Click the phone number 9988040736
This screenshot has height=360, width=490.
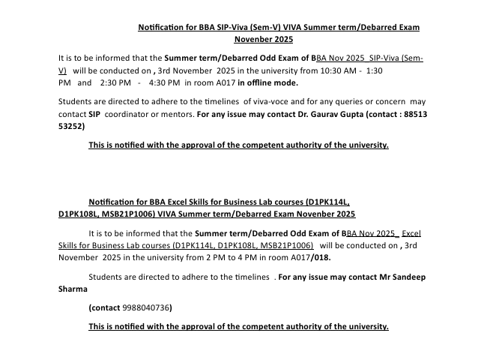click(x=147, y=307)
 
